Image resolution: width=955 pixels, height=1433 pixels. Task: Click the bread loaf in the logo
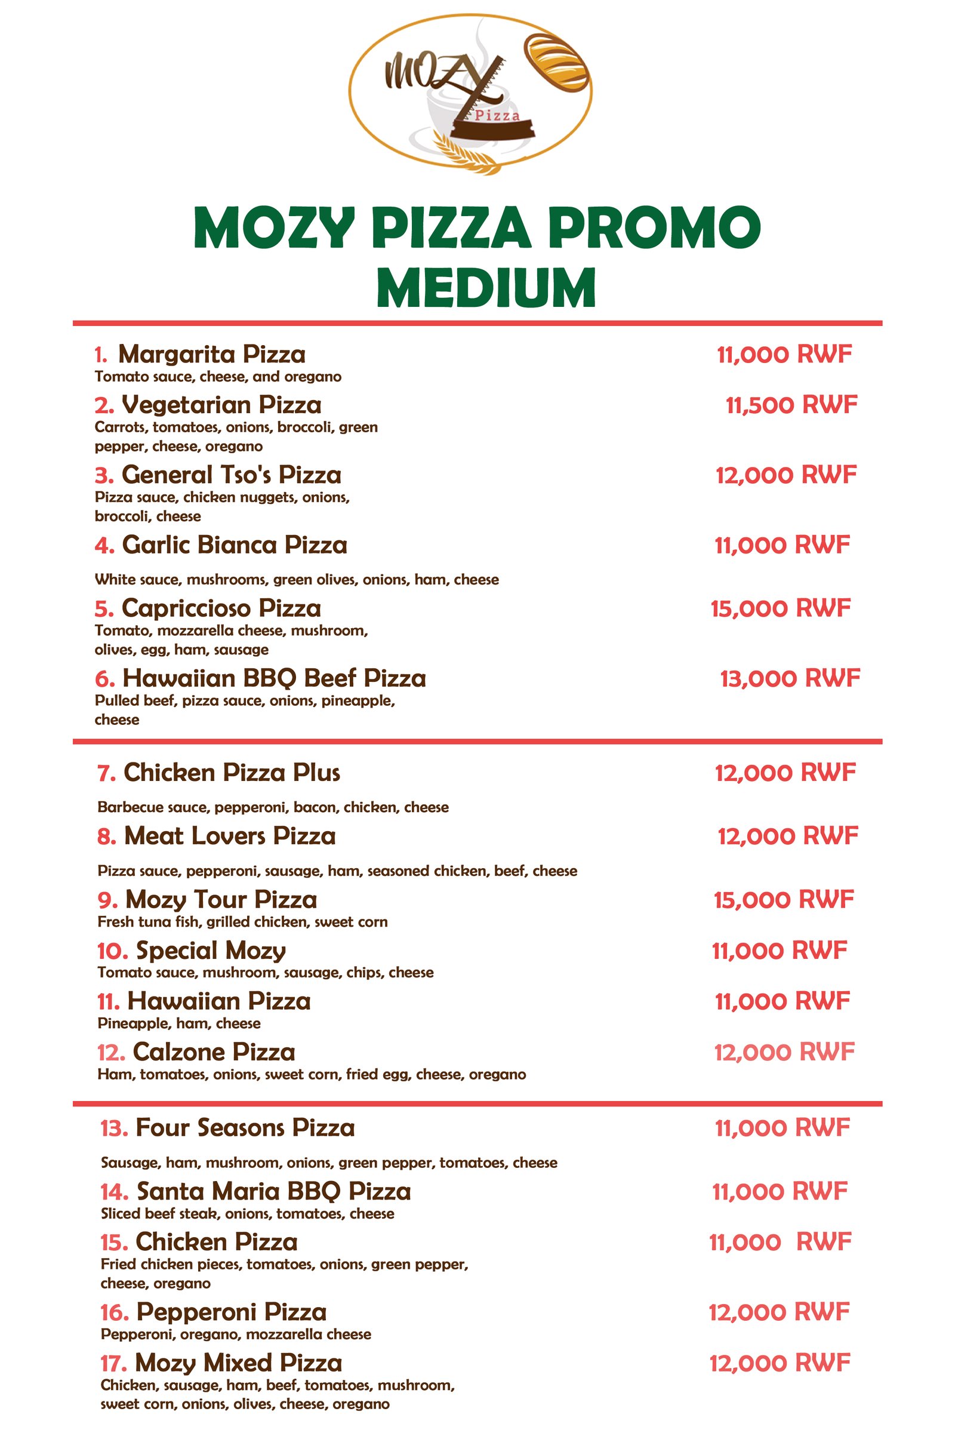(557, 63)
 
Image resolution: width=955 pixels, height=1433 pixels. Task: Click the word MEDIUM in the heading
(485, 288)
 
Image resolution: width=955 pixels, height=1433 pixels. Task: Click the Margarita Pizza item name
(211, 354)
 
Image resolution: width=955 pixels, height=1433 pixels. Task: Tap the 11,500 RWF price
(791, 405)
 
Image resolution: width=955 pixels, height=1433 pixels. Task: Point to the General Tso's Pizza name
(232, 475)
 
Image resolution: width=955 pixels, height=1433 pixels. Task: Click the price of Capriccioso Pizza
(780, 608)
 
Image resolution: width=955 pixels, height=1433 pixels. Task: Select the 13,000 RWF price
(790, 678)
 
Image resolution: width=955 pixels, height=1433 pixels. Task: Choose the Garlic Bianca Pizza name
(235, 545)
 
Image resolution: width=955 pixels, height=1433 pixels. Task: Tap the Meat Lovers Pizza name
(230, 836)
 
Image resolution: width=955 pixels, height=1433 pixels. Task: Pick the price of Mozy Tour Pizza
(784, 899)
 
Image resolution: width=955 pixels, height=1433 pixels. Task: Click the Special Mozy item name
(211, 951)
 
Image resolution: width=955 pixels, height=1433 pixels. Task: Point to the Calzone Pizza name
(214, 1052)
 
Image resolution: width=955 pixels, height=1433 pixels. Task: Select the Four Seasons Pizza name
(245, 1128)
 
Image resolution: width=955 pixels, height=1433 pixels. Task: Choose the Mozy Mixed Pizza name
(238, 1363)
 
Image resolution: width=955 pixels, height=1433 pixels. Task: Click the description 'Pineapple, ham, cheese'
(179, 1023)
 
